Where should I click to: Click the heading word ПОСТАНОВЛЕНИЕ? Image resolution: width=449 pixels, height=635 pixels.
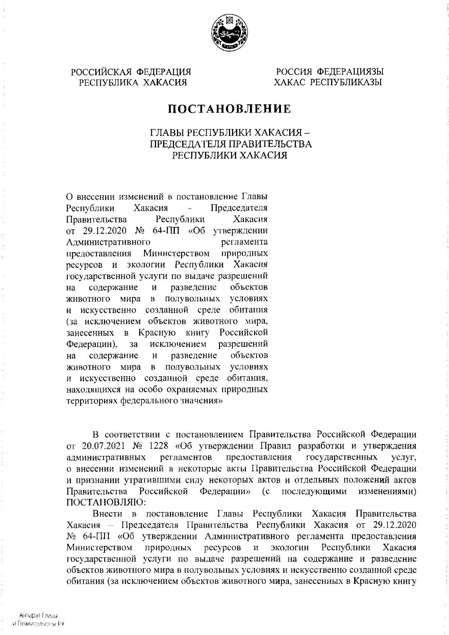pos(229,109)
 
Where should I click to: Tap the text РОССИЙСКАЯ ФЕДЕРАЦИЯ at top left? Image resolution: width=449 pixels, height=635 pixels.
pos(131,71)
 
